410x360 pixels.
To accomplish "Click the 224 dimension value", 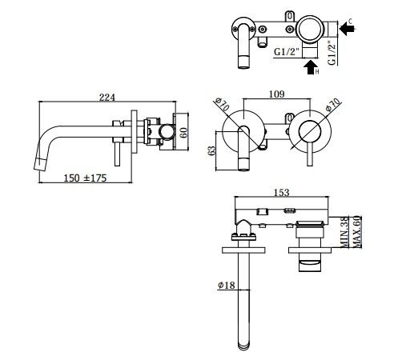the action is (107, 98).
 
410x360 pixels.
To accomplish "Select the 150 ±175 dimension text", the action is (85, 178).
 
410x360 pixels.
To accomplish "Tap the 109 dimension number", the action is (276, 94).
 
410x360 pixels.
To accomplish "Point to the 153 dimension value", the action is (282, 192).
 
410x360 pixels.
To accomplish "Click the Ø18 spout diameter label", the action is (227, 285).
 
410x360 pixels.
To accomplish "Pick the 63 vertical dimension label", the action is (211, 150).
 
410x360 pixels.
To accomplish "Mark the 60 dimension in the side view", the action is (183, 133).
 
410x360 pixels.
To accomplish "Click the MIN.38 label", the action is (344, 232).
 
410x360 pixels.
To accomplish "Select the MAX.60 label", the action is (356, 232).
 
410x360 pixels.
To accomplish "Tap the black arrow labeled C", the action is (347, 28).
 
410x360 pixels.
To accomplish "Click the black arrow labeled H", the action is (310, 67).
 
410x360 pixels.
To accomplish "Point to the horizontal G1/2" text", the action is (286, 51).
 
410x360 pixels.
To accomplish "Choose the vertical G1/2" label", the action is (332, 53).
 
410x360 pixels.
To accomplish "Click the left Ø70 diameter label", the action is (222, 104).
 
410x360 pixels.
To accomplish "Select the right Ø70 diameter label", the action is (333, 105).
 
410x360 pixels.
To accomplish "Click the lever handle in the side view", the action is (117, 154).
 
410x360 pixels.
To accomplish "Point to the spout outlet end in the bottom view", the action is (243, 346).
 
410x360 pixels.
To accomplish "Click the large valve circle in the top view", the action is (310, 29).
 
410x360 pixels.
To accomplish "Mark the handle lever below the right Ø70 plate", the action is (310, 154).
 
